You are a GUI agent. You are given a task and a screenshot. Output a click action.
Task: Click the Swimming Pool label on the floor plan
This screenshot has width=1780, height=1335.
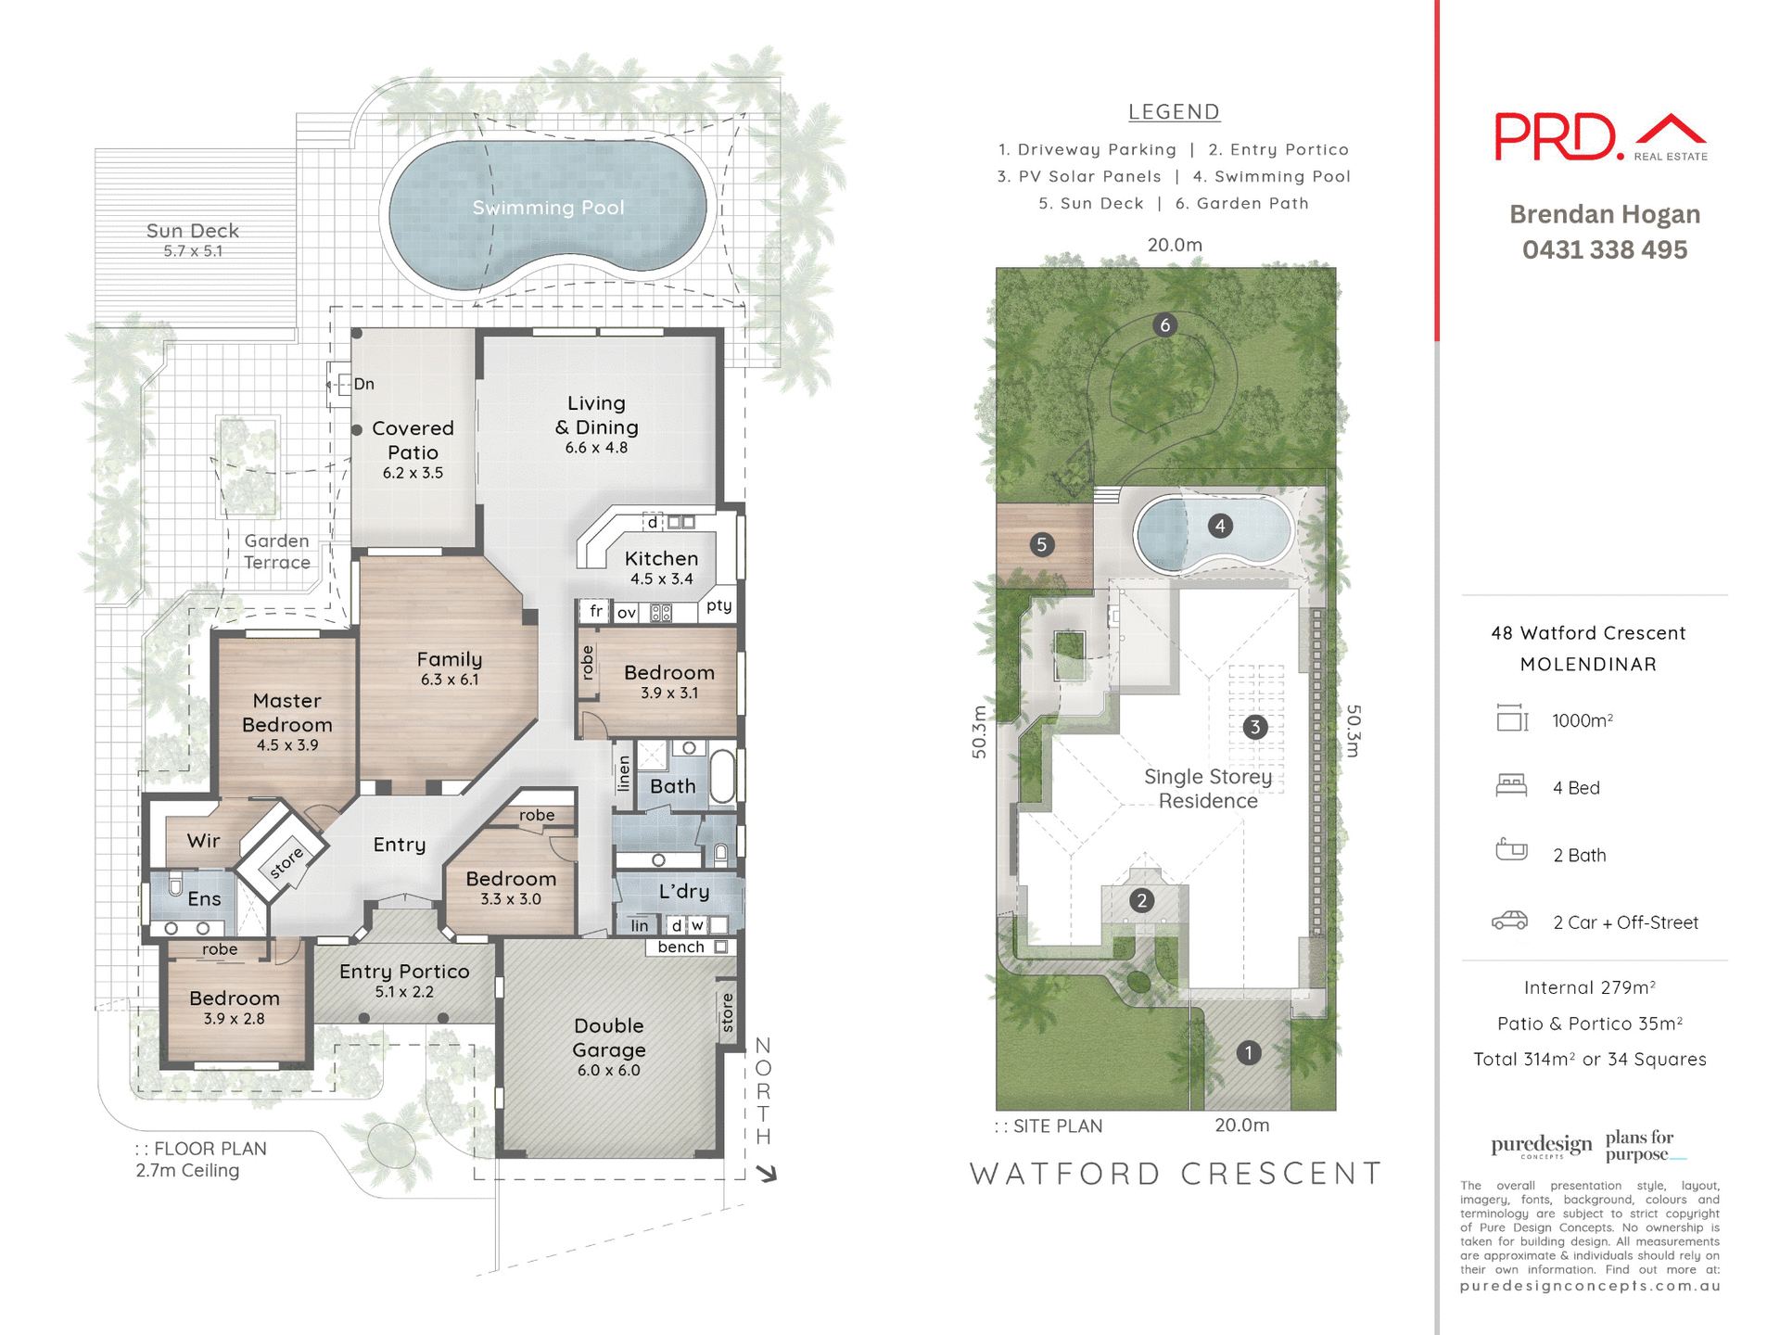click(548, 208)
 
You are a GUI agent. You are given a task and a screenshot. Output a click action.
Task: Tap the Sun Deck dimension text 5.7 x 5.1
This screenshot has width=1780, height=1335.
click(193, 251)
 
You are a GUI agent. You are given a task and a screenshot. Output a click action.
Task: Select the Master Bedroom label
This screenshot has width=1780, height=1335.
click(286, 713)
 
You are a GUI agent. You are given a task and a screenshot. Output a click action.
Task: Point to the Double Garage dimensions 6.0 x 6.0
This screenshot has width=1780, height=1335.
click(608, 1070)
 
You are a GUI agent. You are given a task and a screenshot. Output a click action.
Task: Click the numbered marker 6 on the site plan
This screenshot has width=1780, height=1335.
click(1165, 325)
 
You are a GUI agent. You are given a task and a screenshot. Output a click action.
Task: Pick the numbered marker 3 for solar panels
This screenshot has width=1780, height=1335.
click(1254, 727)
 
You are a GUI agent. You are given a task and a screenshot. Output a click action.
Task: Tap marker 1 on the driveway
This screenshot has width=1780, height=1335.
click(1248, 1053)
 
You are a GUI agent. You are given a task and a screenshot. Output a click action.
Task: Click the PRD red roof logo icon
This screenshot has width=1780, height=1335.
click(1670, 132)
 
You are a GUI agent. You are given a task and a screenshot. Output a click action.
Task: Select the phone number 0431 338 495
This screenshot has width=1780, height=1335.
click(1604, 250)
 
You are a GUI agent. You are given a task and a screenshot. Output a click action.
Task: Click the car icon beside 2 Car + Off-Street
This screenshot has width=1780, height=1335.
click(1510, 921)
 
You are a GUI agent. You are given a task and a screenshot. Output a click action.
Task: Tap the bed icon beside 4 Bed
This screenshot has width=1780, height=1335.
click(1511, 786)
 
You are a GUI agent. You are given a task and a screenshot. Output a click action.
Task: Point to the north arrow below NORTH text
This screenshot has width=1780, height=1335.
click(766, 1174)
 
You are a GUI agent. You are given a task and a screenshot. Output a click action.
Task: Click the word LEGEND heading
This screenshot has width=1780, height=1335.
click(1174, 112)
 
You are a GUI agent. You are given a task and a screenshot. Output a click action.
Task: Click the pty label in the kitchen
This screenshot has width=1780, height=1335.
click(718, 605)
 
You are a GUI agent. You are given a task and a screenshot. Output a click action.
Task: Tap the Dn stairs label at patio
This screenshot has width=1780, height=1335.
click(363, 384)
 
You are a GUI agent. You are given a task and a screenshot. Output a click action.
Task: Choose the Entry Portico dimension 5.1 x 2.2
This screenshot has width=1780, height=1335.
click(404, 992)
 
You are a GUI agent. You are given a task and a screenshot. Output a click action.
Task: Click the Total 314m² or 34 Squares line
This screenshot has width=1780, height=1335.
click(1589, 1059)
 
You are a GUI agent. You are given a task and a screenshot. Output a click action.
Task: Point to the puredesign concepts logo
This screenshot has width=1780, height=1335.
click(1541, 1146)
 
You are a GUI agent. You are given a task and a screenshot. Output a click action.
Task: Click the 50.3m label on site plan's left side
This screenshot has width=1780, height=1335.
click(980, 732)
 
